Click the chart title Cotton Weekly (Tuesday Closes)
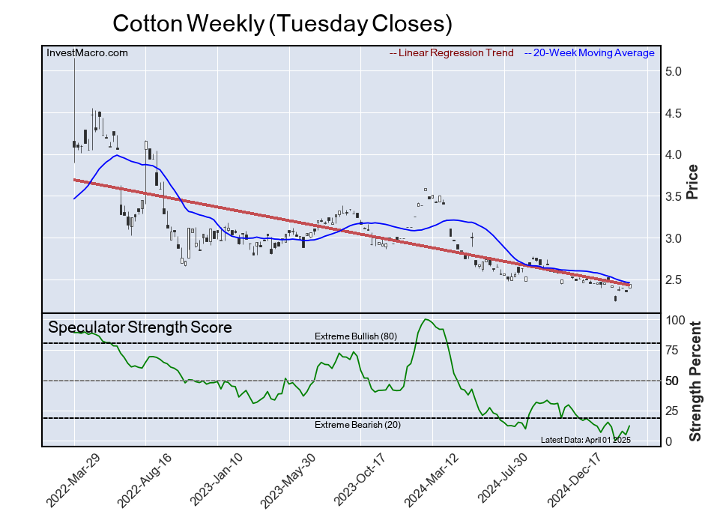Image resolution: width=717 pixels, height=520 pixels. point(282,23)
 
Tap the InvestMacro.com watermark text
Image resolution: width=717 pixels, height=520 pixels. point(87,53)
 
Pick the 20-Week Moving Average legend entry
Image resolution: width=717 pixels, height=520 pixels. point(593,53)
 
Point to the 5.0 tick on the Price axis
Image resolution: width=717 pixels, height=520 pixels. point(673,72)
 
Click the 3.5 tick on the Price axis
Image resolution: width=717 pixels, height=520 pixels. point(673,196)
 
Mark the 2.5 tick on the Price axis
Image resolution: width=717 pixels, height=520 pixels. point(673,279)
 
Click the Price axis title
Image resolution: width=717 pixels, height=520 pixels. point(693,181)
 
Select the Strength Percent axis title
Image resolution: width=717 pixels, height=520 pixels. point(695,381)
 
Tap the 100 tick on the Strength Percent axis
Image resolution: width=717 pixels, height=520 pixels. point(676,320)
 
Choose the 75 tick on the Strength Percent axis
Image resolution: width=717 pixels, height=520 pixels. point(673,350)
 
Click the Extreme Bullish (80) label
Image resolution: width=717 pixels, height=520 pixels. point(356,336)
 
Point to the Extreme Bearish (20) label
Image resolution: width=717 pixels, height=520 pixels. point(356,426)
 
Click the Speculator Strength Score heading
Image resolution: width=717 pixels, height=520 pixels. point(140,327)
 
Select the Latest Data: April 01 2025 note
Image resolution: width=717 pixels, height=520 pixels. point(586,440)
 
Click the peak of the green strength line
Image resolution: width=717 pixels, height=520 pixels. point(426,320)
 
